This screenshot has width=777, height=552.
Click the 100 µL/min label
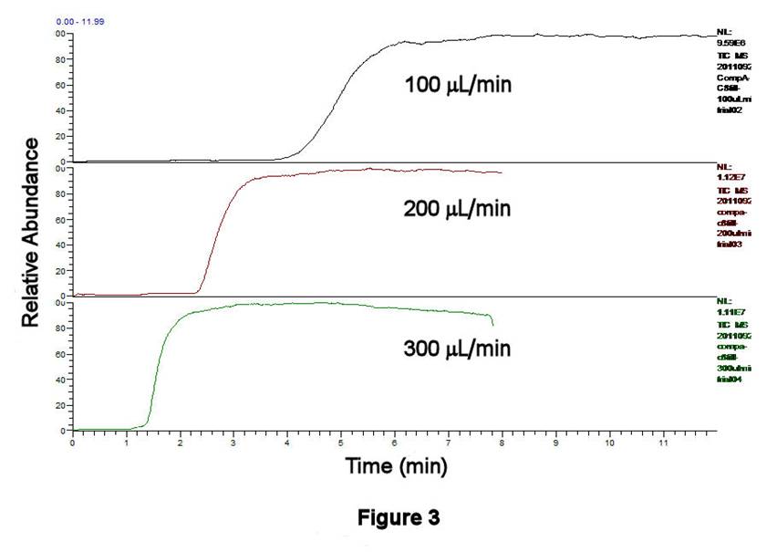click(458, 86)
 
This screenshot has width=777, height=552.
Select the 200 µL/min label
click(457, 209)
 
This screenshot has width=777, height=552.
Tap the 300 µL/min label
click(457, 349)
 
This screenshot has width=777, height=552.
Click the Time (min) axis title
click(396, 467)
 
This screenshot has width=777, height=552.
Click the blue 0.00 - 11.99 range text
click(27, 20)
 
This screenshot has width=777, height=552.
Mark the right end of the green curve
click(493, 325)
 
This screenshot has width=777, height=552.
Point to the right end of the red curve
click(502, 172)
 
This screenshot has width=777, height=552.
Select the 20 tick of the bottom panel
click(61, 404)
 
